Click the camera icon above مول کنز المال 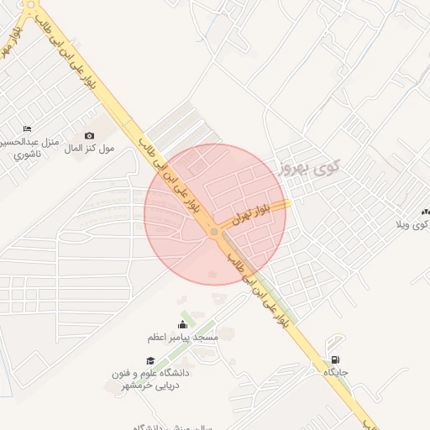pyautogui.click(x=90, y=135)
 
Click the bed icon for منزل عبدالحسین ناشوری pyautogui.click(x=28, y=129)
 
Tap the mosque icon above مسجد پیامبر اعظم pyautogui.click(x=183, y=324)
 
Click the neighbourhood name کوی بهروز pyautogui.click(x=309, y=168)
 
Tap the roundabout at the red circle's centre pyautogui.click(x=215, y=230)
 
